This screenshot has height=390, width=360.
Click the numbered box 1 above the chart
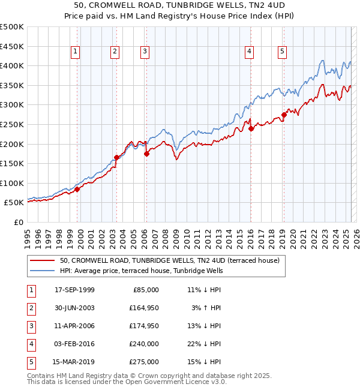pos(75,52)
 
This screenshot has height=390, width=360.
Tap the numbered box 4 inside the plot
pos(248,52)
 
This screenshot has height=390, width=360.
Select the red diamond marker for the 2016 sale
pos(251,128)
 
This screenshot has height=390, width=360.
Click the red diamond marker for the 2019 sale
pos(284,115)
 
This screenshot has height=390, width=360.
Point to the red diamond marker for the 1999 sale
pos(77,189)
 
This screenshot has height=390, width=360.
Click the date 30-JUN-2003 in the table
pos(74,308)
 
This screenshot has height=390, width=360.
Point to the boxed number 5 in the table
pos(31,362)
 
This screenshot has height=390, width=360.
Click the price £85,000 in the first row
pos(145,290)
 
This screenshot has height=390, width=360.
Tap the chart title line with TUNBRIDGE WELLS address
pos(180,6)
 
